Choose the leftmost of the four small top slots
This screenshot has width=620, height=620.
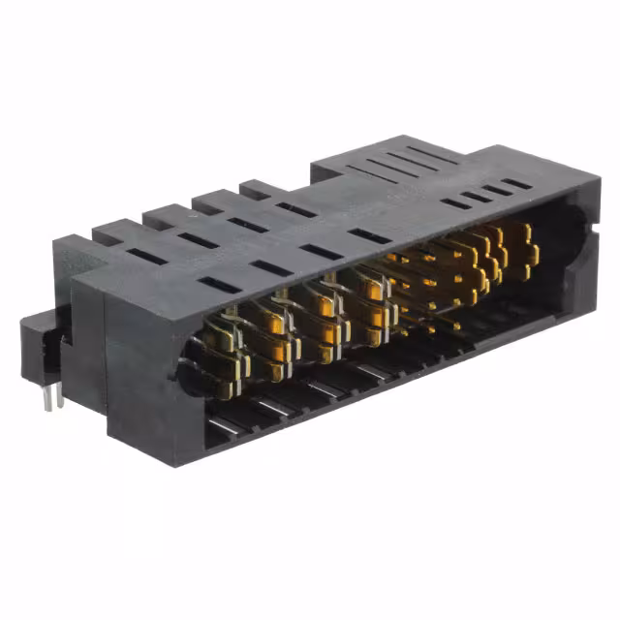455,203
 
